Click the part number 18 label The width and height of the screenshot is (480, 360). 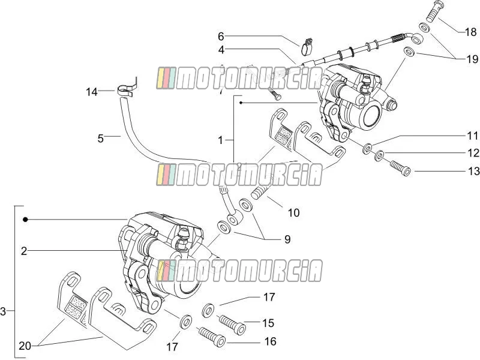click(x=471, y=32)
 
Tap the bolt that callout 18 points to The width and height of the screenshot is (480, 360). click(x=433, y=11)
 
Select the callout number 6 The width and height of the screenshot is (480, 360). click(x=221, y=37)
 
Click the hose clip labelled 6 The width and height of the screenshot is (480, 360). click(x=307, y=47)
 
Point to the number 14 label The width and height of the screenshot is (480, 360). click(x=92, y=92)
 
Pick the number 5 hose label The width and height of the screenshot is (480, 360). click(x=101, y=139)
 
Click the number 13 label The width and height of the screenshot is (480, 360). click(x=473, y=171)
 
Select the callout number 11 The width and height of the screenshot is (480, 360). click(x=473, y=136)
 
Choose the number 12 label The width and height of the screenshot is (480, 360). click(x=473, y=153)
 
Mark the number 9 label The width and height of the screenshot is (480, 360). click(x=287, y=239)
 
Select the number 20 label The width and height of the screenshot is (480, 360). click(x=25, y=346)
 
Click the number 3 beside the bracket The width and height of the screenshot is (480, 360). click(x=3, y=311)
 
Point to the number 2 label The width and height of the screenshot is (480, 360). click(x=24, y=251)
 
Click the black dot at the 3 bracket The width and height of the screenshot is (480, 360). click(x=25, y=220)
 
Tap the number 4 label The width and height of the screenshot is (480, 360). click(x=221, y=50)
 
